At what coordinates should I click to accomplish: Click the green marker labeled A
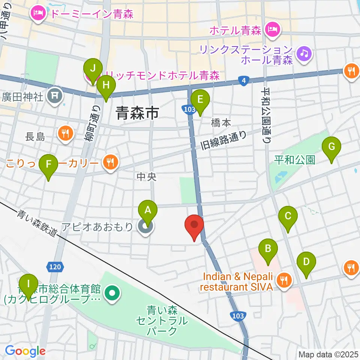coord(148,211)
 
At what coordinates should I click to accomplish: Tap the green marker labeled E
coord(200,99)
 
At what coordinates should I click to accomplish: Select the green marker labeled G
coord(331,146)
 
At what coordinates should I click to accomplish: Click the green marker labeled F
coord(49,164)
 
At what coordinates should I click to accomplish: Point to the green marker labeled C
coord(288,216)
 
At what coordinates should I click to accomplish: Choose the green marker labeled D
coord(306,261)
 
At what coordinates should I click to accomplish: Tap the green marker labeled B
coord(268,248)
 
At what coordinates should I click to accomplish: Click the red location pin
coord(194,225)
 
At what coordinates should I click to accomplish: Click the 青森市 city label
coord(138,112)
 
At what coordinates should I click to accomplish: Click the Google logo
coord(25,351)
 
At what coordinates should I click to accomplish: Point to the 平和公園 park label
coord(295,160)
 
